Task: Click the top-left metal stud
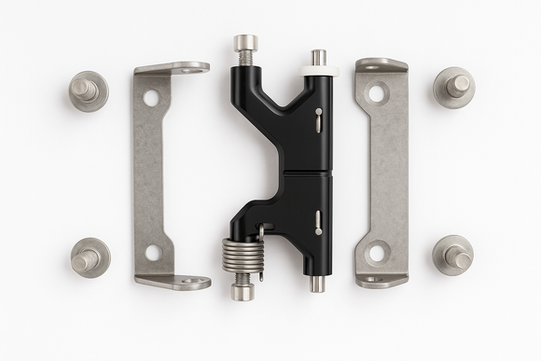tap(89, 90)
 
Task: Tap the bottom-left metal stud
tap(90, 257)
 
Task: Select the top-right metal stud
tap(454, 87)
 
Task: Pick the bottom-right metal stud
tap(453, 254)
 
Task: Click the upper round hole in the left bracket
tap(151, 98)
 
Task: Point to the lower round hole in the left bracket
tap(153, 252)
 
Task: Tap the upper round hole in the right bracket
tap(377, 93)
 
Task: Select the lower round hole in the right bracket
tap(377, 252)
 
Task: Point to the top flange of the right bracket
tap(381, 65)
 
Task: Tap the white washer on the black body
tap(318, 69)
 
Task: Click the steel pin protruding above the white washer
tap(318, 57)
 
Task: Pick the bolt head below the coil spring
tap(243, 290)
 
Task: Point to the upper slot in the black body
tap(318, 118)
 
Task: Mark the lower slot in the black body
tap(318, 222)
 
